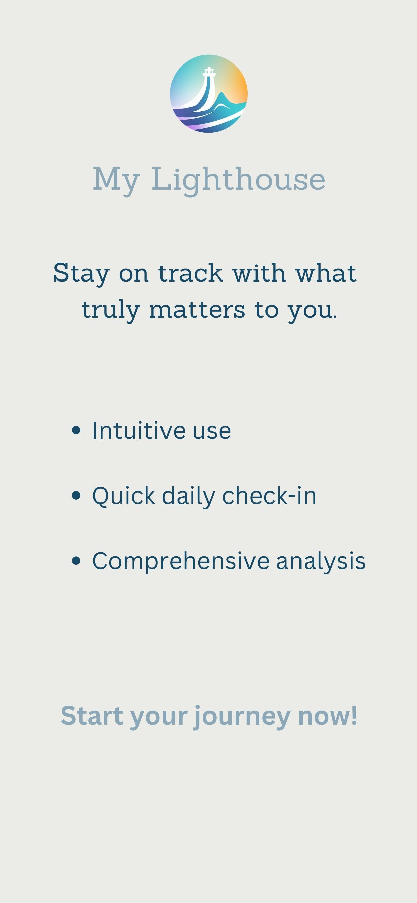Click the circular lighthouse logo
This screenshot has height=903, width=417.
[x=209, y=94]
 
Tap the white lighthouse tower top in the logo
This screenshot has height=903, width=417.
[x=209, y=72]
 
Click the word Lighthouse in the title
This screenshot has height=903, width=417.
[x=238, y=179]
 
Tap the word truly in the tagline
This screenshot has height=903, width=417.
[x=111, y=310]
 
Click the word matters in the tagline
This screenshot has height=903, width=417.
[x=197, y=309]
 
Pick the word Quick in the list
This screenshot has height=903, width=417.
[x=124, y=496]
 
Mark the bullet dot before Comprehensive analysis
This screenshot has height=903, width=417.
[x=76, y=561]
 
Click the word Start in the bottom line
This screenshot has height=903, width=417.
[x=92, y=715]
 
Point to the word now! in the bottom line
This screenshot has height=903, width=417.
[x=328, y=716]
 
